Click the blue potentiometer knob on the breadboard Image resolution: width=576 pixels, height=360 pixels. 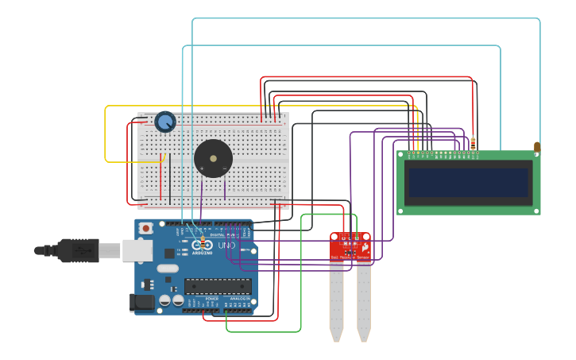pyautogui.click(x=165, y=122)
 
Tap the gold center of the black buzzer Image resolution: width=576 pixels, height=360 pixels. pyautogui.click(x=213, y=158)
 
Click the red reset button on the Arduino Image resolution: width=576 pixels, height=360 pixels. pyautogui.click(x=146, y=229)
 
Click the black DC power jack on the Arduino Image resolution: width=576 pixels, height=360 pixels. pyautogui.click(x=141, y=303)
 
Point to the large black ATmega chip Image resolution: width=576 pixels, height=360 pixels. pyautogui.click(x=218, y=286)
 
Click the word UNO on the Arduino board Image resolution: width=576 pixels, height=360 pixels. pyautogui.click(x=227, y=245)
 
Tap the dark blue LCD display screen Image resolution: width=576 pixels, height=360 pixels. pyautogui.click(x=467, y=182)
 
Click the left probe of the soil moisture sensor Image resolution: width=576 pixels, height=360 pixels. pyautogui.click(x=337, y=302)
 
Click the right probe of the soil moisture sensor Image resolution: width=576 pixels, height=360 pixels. pyautogui.click(x=364, y=302)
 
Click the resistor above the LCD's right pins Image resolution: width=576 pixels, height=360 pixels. pyautogui.click(x=473, y=143)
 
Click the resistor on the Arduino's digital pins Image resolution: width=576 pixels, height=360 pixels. pyautogui.click(x=204, y=239)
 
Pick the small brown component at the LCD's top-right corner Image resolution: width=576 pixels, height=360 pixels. pyautogui.click(x=537, y=146)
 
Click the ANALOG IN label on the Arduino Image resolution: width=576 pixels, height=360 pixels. pyautogui.click(x=239, y=298)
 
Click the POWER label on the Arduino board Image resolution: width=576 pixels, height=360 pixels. pyautogui.click(x=211, y=298)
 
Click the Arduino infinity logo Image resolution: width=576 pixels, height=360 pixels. pyautogui.click(x=202, y=245)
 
